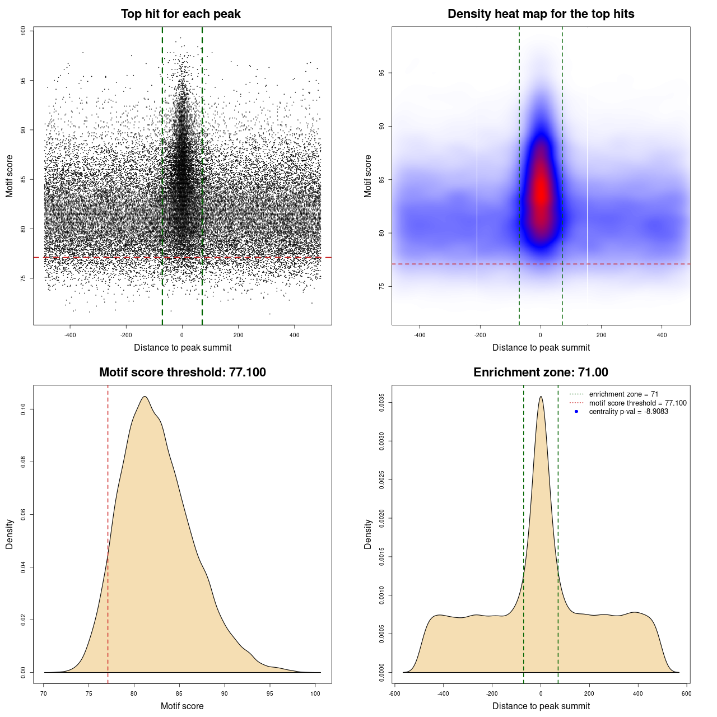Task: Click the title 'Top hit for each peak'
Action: (181, 14)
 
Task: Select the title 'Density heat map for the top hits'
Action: (541, 14)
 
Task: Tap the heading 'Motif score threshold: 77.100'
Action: (182, 373)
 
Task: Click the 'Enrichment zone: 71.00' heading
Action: (541, 373)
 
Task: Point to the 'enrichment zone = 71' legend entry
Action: (623, 394)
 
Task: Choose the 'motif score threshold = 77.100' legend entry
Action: (637, 403)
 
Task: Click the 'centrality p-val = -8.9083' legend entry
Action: (628, 412)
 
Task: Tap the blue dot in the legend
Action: (576, 412)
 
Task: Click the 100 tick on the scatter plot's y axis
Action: (24, 31)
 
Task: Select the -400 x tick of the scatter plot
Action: (70, 335)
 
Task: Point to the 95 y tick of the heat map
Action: (382, 73)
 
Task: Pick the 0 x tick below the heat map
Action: (541, 335)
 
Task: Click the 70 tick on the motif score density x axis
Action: (44, 693)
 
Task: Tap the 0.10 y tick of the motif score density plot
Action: (24, 409)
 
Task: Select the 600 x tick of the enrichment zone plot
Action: (686, 693)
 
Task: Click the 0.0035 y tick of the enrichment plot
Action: (382, 403)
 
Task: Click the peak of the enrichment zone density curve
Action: (541, 397)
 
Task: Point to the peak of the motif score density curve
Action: (145, 397)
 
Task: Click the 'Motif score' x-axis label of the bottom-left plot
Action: (182, 706)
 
